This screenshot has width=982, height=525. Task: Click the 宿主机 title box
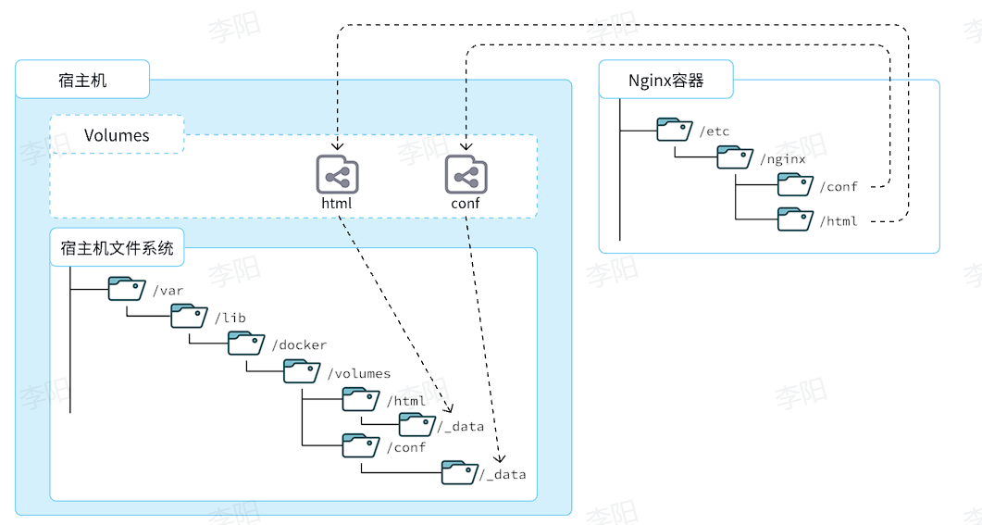coord(82,80)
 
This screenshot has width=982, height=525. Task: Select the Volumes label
coord(117,135)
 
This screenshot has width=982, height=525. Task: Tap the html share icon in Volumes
coord(337,174)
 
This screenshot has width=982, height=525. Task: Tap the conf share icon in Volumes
coord(466,174)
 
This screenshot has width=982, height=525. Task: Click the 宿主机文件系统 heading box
coord(117,247)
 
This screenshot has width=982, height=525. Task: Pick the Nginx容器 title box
coord(665,80)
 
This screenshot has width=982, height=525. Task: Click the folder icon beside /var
coord(127,289)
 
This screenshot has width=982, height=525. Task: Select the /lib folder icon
coord(189,316)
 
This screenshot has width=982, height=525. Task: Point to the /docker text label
coord(299,344)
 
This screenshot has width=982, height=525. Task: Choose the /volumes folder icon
coord(302,371)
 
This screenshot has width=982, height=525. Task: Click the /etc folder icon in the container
coord(675,130)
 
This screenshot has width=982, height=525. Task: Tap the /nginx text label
coord(782,158)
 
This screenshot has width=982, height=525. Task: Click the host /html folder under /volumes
coord(361,399)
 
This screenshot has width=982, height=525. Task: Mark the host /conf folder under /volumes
coord(361,445)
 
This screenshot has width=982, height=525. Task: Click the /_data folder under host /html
coord(417,425)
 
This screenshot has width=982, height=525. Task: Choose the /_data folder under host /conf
coord(459,472)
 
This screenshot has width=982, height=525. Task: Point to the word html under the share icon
coord(337,203)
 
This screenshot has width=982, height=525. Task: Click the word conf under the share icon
coord(466,203)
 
